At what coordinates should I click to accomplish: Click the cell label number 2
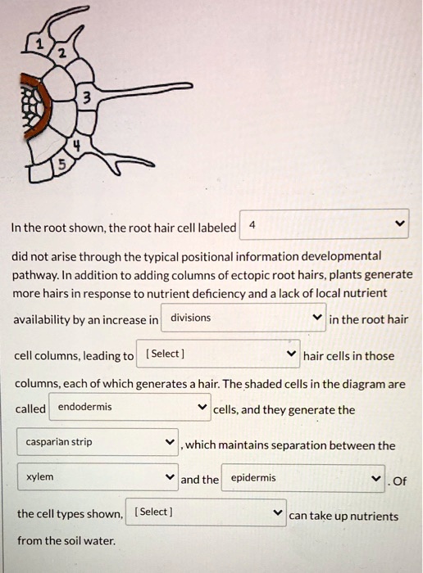(x=60, y=55)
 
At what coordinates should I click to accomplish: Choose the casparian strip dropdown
(x=98, y=443)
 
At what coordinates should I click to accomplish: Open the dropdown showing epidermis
(x=304, y=478)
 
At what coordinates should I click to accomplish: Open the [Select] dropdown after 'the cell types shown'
(x=206, y=512)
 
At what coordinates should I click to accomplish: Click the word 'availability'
(x=44, y=320)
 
